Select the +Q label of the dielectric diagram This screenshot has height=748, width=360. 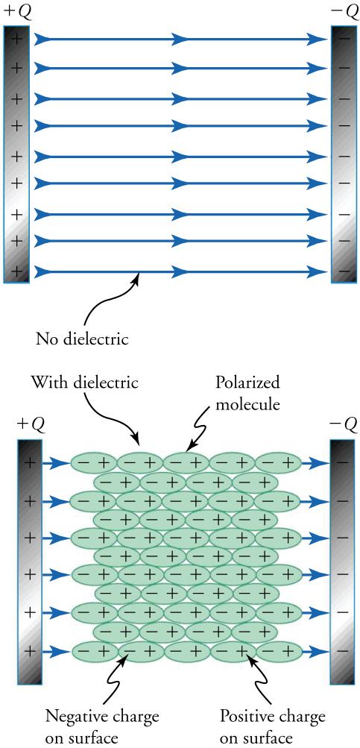(x=31, y=424)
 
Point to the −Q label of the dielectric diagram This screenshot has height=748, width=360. (x=343, y=424)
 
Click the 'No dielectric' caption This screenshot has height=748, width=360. (x=83, y=340)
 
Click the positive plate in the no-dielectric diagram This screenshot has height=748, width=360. (x=16, y=154)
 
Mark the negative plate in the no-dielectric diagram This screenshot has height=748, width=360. (x=344, y=154)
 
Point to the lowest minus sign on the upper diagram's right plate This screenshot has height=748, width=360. (x=344, y=271)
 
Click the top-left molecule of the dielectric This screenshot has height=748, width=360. (x=93, y=463)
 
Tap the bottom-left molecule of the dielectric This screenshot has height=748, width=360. (x=93, y=651)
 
